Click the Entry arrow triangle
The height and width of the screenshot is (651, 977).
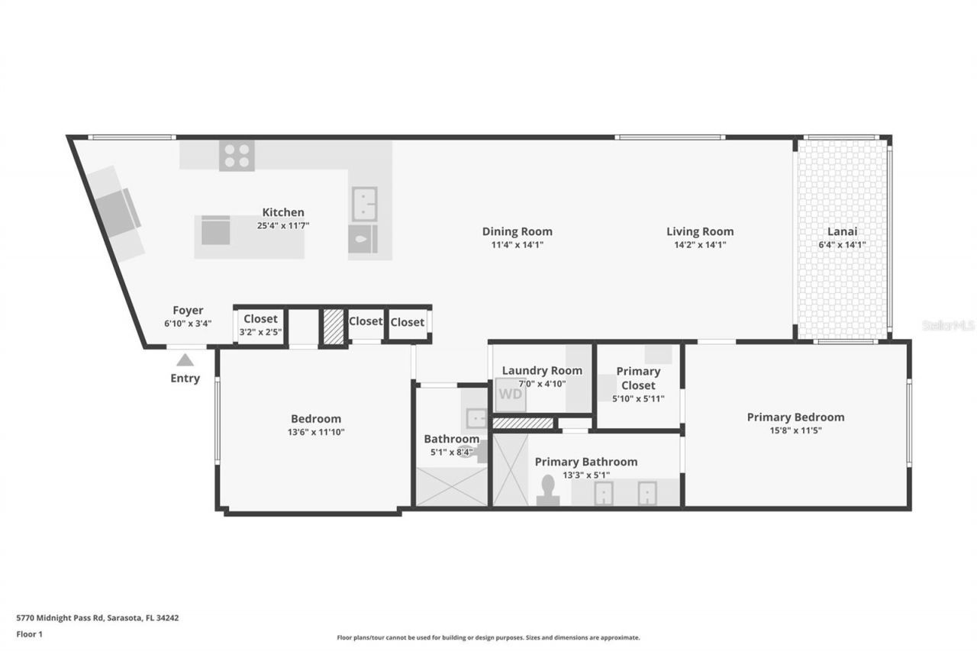coord(185,360)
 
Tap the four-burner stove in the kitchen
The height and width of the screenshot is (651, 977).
coord(237,156)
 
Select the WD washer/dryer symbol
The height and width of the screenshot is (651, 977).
coord(510,395)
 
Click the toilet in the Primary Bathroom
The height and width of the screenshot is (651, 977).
coord(547,490)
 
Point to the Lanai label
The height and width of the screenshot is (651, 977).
coord(843,232)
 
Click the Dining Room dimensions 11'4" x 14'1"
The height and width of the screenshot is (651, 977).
coord(517,245)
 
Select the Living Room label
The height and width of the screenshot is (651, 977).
coord(699,231)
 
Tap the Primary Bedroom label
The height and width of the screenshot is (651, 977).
coord(795,417)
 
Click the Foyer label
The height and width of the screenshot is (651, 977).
coord(188,310)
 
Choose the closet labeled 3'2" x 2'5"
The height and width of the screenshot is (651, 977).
coord(260,326)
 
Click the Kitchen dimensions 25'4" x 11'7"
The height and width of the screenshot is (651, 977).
coord(283,226)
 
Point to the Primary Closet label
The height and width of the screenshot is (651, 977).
coord(638,378)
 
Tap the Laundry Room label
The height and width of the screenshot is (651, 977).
coord(541,371)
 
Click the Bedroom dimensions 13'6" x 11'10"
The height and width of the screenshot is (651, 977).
coord(315,432)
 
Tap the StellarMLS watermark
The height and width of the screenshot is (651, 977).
coord(948,325)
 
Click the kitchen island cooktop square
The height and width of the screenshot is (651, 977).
coord(215,230)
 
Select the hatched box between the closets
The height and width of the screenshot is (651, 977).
coord(332,327)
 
